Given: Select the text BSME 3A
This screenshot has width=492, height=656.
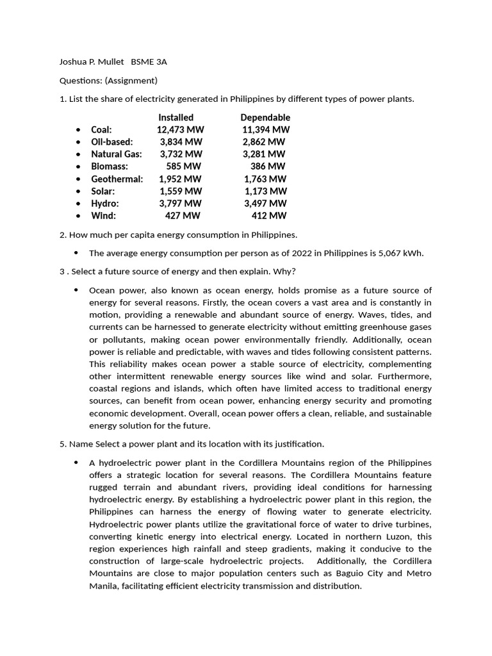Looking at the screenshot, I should tap(149, 62).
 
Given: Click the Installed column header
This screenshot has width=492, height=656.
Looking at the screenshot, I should tap(176, 117).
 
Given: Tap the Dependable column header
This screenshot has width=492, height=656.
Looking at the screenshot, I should tap(265, 117).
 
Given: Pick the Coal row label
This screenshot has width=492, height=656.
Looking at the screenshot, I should tap(101, 129).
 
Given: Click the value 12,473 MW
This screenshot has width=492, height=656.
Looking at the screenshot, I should tap(180, 129).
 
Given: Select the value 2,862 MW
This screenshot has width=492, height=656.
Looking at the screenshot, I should tap(264, 142).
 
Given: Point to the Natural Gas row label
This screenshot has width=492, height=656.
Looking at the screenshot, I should tap(117, 154).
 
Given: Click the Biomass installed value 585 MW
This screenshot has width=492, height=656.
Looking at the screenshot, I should tap(184, 167).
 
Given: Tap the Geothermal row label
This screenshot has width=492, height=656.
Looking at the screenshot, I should tap(117, 179).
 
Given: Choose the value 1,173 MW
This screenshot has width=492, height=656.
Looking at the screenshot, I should tap(266, 191).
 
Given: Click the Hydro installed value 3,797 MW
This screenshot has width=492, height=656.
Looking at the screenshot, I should tap(181, 203).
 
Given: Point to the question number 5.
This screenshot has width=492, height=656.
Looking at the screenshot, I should tap(62, 444).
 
